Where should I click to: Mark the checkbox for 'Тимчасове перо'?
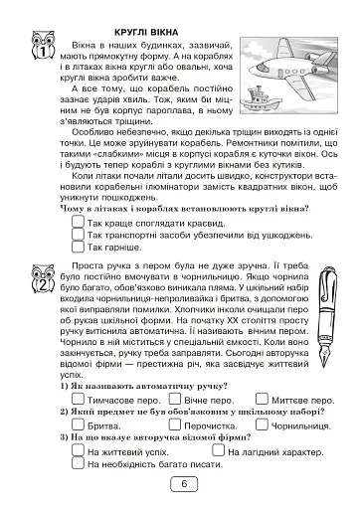(79, 397)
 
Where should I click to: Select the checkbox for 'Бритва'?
(79, 423)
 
